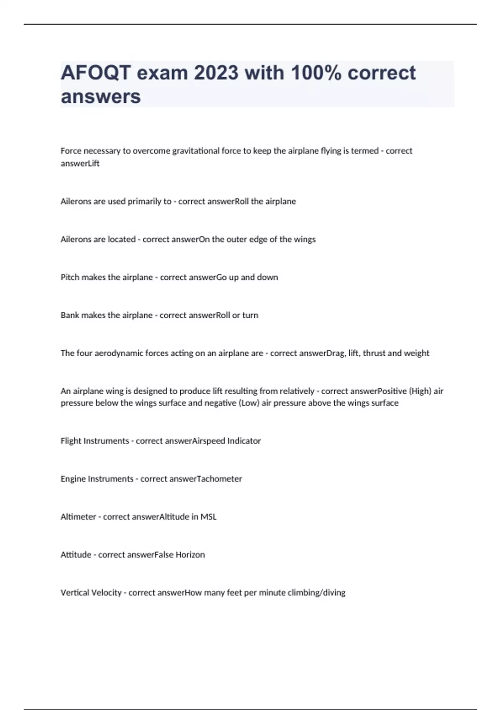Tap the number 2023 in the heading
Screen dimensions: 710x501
coord(216,73)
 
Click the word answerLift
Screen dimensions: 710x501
coord(80,163)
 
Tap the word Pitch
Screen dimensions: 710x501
coord(70,277)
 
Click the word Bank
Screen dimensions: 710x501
coord(70,315)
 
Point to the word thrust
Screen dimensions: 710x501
coord(374,353)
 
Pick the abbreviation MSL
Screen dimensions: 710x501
coord(208,517)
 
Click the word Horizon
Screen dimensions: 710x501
coord(190,555)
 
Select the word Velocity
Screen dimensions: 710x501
coord(106,593)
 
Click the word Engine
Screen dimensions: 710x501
coord(73,479)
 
